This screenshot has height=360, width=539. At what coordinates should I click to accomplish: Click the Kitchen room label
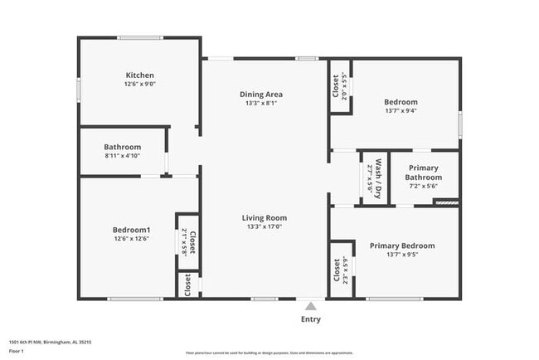pyautogui.click(x=139, y=75)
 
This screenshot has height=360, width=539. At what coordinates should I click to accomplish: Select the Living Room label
pyautogui.click(x=265, y=217)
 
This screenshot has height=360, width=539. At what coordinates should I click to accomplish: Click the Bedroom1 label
pyautogui.click(x=132, y=230)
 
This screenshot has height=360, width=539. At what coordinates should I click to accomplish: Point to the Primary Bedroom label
pyautogui.click(x=402, y=246)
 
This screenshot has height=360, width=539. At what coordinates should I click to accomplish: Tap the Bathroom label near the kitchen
pyautogui.click(x=123, y=147)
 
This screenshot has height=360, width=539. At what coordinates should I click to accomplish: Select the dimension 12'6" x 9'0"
pyautogui.click(x=139, y=84)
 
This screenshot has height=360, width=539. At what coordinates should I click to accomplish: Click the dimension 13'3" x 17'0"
pyautogui.click(x=265, y=226)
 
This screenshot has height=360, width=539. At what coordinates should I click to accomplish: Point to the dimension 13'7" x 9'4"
pyautogui.click(x=401, y=110)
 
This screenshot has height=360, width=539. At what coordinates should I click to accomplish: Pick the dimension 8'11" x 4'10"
pyautogui.click(x=123, y=156)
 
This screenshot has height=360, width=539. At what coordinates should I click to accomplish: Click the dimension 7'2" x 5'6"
pyautogui.click(x=423, y=186)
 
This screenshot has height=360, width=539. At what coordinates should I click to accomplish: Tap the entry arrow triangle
pyautogui.click(x=311, y=304)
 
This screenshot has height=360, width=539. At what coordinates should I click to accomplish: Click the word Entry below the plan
pyautogui.click(x=311, y=319)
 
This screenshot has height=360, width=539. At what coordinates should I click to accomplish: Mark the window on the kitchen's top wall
pyautogui.click(x=139, y=37)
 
